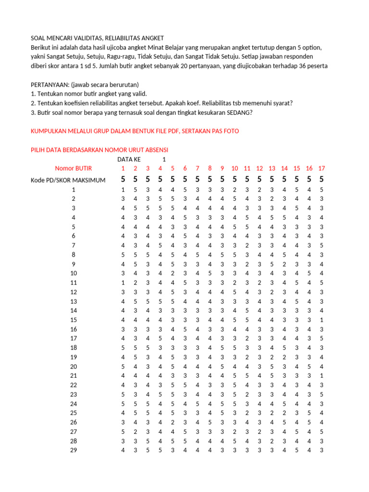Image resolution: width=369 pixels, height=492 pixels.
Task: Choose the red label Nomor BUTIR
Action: (74, 168)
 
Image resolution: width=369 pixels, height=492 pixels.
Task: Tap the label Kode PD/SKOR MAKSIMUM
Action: (68, 180)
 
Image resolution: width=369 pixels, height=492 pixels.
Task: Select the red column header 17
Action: (321, 168)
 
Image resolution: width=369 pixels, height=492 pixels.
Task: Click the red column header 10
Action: (234, 168)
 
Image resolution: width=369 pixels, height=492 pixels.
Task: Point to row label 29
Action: (74, 450)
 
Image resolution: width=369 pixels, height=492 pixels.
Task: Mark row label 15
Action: (74, 320)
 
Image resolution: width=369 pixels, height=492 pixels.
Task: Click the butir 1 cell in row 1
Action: (123, 190)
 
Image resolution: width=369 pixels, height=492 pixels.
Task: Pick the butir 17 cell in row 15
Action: (321, 320)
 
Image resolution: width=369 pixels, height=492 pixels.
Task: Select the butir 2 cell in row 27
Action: (135, 431)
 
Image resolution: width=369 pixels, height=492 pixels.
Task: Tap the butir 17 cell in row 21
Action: (321, 375)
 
